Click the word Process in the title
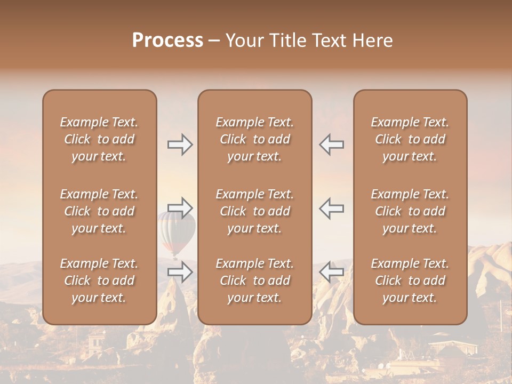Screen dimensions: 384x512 pos(167,41)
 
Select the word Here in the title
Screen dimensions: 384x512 pos(372,41)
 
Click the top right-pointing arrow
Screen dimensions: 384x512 pos(180,145)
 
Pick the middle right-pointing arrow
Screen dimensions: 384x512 pos(180,207)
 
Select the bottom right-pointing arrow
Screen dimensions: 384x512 pos(180,271)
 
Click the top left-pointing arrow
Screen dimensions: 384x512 pos(331,145)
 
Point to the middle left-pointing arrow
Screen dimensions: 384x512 pos(331,207)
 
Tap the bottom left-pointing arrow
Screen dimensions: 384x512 pos(331,271)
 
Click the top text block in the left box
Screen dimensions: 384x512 pos(99,139)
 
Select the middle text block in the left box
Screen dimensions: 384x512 pos(99,211)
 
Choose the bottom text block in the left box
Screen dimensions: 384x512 pos(99,281)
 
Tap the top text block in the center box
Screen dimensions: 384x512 pos(255,139)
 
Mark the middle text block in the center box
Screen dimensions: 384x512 pos(255,211)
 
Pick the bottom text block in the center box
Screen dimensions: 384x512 pos(255,281)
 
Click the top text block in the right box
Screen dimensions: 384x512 pos(410,139)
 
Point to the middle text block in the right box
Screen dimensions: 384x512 pos(410,211)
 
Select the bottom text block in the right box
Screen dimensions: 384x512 pos(410,281)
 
